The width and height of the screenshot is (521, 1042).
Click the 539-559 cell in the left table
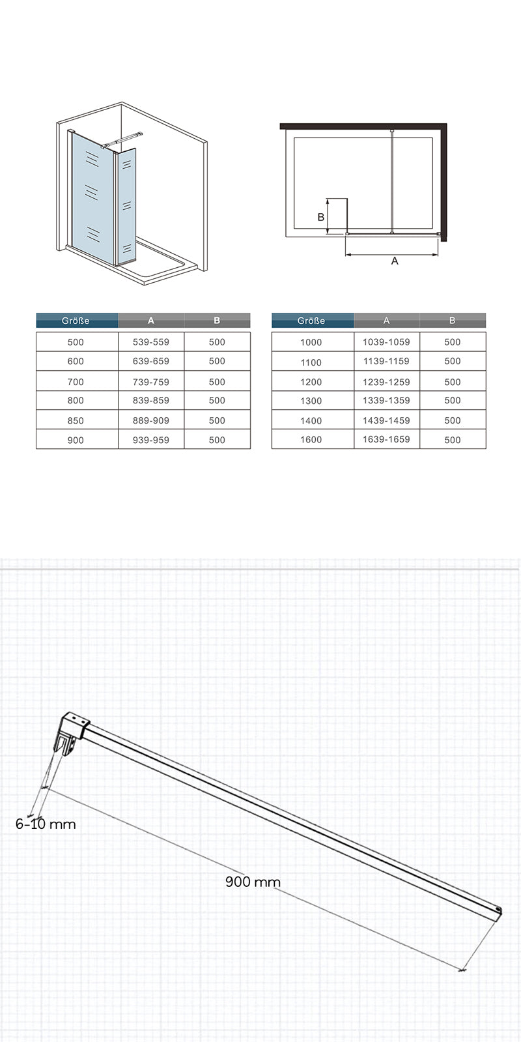click(x=151, y=342)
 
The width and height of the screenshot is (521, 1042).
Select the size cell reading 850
click(x=76, y=421)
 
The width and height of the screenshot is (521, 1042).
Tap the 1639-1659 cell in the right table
click(x=386, y=439)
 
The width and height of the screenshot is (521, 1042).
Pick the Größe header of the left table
click(x=76, y=321)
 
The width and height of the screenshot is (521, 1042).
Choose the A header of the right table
click(x=386, y=321)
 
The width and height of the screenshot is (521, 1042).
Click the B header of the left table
click(x=217, y=321)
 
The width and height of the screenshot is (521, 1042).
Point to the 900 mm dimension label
click(x=253, y=882)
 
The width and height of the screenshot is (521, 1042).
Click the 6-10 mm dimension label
click(x=46, y=824)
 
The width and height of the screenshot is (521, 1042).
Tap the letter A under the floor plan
click(x=394, y=261)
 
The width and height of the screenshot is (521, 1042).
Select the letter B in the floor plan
click(x=320, y=217)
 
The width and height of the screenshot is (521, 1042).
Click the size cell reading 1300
click(x=311, y=401)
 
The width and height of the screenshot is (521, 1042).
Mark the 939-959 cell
click(x=151, y=440)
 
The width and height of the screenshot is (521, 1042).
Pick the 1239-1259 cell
click(x=386, y=381)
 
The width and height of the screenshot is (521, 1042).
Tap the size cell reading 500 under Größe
click(x=76, y=342)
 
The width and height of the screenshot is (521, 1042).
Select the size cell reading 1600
click(x=311, y=440)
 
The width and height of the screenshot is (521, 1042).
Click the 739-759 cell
click(x=151, y=382)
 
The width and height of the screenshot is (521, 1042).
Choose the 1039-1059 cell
click(x=386, y=342)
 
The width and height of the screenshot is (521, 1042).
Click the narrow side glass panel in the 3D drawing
click(x=127, y=205)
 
